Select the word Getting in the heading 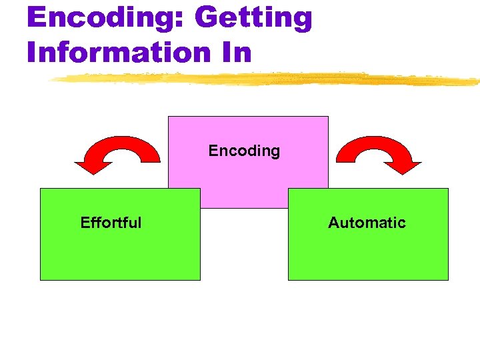253,18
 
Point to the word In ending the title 238,52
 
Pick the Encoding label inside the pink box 244,151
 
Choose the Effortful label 111,223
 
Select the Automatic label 367,223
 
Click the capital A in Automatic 333,223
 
